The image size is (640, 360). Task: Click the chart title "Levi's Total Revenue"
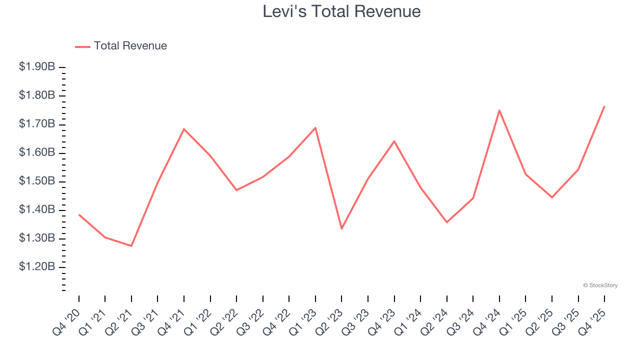click(x=341, y=11)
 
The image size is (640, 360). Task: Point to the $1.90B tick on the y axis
click(x=37, y=67)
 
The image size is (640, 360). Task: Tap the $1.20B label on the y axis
click(x=37, y=267)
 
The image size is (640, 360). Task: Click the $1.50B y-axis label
click(x=37, y=181)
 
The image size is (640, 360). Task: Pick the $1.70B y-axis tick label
click(x=37, y=124)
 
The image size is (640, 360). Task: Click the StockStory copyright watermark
click(x=600, y=285)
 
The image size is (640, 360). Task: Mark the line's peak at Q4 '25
click(x=604, y=106)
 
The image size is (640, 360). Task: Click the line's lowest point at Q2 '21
click(x=131, y=246)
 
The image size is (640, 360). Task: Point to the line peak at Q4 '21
click(x=184, y=129)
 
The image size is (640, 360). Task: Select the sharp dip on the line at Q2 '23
click(x=341, y=228)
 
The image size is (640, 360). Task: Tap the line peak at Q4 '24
click(x=499, y=110)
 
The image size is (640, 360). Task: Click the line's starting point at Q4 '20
click(x=79, y=214)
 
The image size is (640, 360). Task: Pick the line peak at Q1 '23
click(x=315, y=127)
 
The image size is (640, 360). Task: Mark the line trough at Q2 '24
click(x=446, y=222)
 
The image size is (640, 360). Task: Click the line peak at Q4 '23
click(x=394, y=141)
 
